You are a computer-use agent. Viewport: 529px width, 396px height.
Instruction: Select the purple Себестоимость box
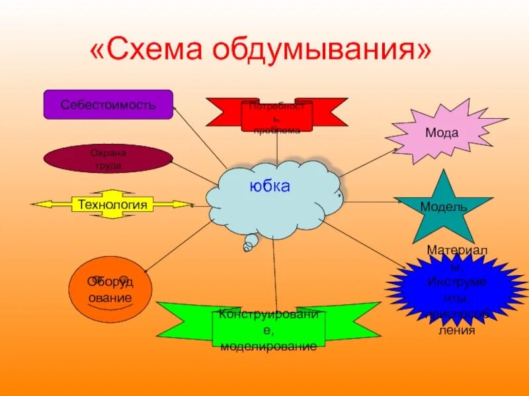[x=108, y=104]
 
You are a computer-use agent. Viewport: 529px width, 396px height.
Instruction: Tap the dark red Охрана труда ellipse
[x=108, y=159]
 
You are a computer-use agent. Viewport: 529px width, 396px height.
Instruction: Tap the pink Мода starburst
[x=442, y=132]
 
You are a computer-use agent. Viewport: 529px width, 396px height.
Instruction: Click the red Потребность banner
[x=276, y=114]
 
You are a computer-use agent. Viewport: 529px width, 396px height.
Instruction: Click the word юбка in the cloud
[x=270, y=187]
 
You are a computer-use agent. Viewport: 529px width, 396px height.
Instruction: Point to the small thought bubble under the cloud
[x=250, y=244]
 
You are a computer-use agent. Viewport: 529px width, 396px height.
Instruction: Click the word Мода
[x=442, y=133]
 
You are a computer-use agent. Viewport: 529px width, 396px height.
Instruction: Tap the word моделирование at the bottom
[x=268, y=345]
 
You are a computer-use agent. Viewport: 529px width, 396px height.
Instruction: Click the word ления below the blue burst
[x=456, y=330]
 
